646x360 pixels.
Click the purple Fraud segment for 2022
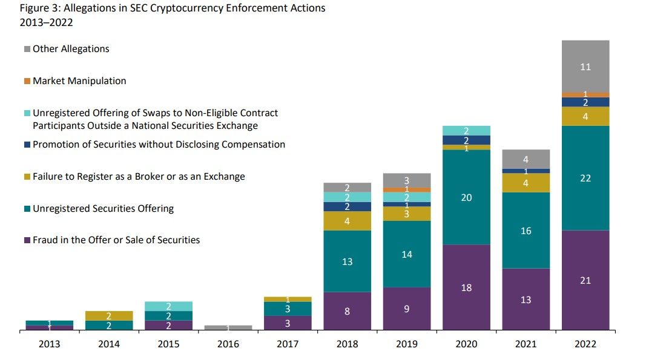(585, 280)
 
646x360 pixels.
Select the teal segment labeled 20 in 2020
(466, 197)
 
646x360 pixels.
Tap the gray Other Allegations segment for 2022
(585, 67)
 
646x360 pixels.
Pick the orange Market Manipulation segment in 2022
(585, 94)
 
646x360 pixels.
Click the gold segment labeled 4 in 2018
(347, 221)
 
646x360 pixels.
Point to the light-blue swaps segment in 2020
(466, 131)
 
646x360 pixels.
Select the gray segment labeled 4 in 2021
(526, 159)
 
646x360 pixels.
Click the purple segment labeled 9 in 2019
(406, 309)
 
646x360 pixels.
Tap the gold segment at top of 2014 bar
(109, 316)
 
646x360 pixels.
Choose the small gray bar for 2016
(228, 327)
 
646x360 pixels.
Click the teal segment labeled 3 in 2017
(288, 309)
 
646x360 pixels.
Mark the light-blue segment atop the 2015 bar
(168, 306)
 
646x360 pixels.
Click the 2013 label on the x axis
(49, 344)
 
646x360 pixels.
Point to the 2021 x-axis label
(526, 344)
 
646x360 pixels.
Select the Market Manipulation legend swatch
(27, 81)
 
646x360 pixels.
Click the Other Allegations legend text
(71, 49)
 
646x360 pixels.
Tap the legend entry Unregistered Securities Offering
(103, 209)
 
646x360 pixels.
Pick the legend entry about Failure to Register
(139, 177)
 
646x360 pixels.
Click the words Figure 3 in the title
(38, 8)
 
